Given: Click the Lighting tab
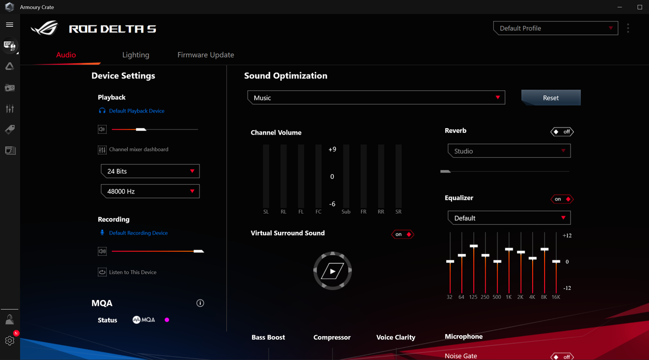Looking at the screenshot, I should click(136, 55).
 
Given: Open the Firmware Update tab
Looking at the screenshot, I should click(206, 55).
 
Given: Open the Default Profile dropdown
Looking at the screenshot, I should click(555, 28).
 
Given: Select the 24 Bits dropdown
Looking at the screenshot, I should click(150, 171).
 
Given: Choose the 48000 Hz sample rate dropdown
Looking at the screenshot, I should click(150, 191).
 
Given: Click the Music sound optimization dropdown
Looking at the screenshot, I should click(376, 98).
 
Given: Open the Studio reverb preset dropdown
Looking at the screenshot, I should click(509, 151).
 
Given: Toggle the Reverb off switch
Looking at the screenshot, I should click(562, 131).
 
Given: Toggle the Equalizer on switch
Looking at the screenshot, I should click(562, 199).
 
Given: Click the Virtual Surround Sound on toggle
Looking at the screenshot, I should click(402, 234).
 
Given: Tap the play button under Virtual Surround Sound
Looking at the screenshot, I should click(333, 271).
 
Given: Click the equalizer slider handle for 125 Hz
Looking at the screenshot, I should click(474, 246).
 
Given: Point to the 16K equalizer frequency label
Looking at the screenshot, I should click(555, 297).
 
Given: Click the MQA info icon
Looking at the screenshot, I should click(200, 303).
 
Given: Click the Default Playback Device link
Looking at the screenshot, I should click(136, 111).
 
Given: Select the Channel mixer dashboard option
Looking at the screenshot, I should click(138, 150).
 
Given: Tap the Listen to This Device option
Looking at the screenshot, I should click(133, 272).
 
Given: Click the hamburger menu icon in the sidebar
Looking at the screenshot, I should click(9, 25).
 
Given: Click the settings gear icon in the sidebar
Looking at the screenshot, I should click(9, 341).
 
